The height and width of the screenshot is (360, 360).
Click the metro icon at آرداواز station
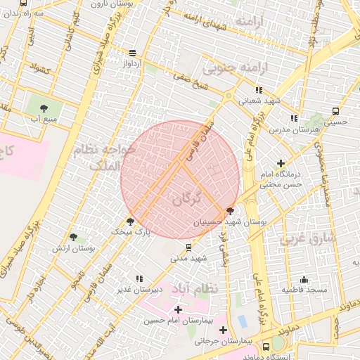point(132,53)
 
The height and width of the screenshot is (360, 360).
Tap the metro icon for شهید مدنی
point(188,247)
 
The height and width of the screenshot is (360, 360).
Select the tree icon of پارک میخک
point(130,221)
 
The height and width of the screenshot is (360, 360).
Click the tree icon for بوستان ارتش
point(73,238)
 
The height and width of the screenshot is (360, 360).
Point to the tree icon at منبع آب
point(44,108)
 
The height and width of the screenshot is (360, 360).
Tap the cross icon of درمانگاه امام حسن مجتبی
point(281,163)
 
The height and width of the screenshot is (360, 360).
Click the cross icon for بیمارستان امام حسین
point(177,309)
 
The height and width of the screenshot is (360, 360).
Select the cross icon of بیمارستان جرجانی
point(223,330)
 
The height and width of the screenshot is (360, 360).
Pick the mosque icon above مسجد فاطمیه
point(304,279)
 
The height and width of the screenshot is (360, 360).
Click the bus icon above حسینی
point(335,111)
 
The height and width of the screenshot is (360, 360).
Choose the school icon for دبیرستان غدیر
point(139,278)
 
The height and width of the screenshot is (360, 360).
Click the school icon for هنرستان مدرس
point(294,119)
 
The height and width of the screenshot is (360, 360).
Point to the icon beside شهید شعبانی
point(259,90)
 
